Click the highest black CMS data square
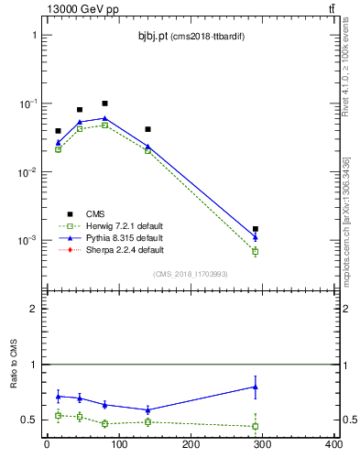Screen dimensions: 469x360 (x=105, y=104)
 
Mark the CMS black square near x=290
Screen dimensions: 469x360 (x=256, y=229)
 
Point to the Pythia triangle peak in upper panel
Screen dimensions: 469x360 (x=105, y=118)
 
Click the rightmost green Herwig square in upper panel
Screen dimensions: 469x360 (x=256, y=251)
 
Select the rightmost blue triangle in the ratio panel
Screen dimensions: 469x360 (x=256, y=387)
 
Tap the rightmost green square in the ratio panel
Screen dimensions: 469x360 (x=256, y=426)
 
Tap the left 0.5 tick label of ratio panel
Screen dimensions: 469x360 (x=28, y=420)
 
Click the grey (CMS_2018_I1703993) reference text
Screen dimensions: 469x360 (x=190, y=273)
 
